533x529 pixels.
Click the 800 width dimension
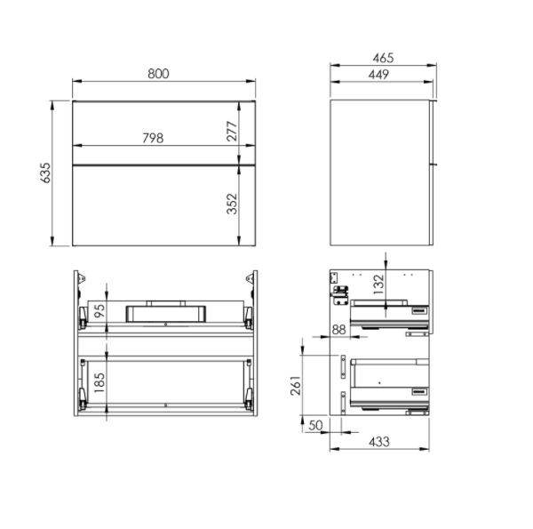click(158, 74)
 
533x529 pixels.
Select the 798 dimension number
click(153, 138)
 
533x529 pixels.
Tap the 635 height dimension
click(45, 172)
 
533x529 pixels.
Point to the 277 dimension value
click(232, 131)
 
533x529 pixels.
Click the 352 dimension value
click(232, 204)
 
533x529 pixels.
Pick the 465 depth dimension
click(383, 58)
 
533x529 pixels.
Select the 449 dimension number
click(378, 75)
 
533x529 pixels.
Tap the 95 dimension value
click(99, 310)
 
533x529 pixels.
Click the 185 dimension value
click(99, 382)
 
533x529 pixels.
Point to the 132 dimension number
click(378, 285)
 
